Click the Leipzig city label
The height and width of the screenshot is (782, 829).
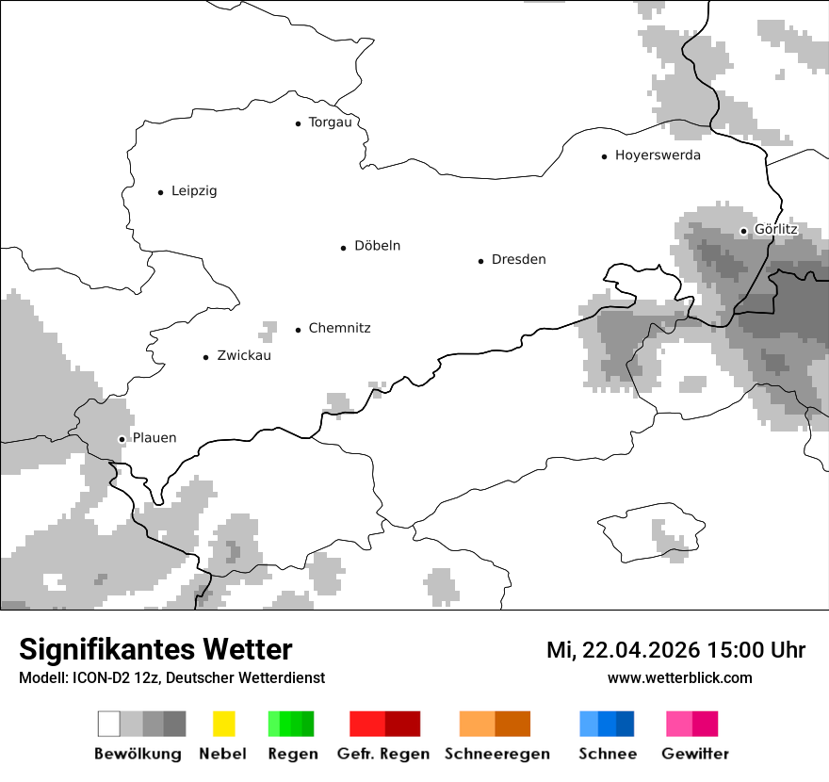194,191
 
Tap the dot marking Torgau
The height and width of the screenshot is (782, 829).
298,123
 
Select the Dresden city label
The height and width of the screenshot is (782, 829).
518,260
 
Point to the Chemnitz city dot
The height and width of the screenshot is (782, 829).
299,330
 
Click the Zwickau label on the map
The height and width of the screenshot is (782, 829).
244,356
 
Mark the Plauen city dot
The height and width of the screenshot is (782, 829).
122,439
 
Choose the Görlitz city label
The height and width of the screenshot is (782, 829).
776,230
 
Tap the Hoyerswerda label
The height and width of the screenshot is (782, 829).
658,155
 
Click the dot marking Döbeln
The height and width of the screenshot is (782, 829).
344,248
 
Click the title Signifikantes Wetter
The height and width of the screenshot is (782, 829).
155,650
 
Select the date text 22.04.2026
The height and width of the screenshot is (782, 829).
639,650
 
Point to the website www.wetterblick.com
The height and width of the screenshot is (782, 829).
679,678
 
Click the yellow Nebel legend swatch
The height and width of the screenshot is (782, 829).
224,724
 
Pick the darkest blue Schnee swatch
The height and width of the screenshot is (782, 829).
626,724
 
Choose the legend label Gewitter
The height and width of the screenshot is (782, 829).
695,754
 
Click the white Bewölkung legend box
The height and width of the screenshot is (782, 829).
109,724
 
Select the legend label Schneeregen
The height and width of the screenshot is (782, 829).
497,754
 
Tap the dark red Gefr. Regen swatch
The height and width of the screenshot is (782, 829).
402,724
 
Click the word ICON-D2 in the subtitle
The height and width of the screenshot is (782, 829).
97,678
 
